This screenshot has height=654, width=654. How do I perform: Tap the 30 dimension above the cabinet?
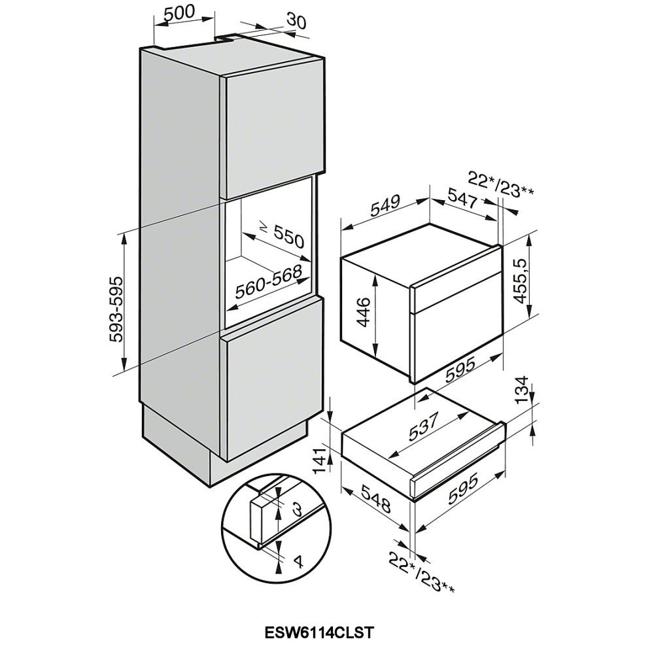[x=296, y=22]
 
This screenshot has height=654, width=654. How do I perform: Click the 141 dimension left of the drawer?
[x=320, y=460]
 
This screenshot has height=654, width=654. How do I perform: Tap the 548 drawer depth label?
[x=376, y=498]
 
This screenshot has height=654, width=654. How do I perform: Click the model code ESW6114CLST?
[x=318, y=632]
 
